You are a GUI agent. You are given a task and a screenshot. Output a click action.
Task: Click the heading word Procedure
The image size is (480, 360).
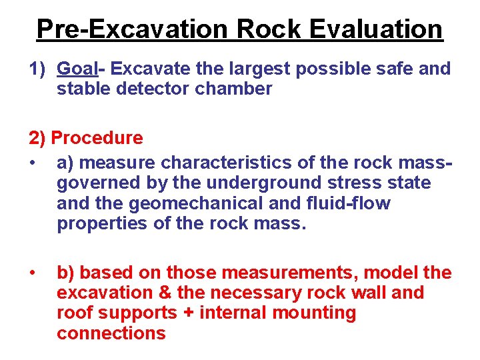pos(97,138)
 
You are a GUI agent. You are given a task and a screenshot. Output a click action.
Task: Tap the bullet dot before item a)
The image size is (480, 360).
pos(33,163)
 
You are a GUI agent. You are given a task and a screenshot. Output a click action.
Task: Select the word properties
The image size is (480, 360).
pos(102,223)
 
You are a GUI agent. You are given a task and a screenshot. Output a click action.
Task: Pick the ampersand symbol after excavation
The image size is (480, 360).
pos(166,293)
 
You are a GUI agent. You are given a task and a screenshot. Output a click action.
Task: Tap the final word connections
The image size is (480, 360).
pos(111,333)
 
